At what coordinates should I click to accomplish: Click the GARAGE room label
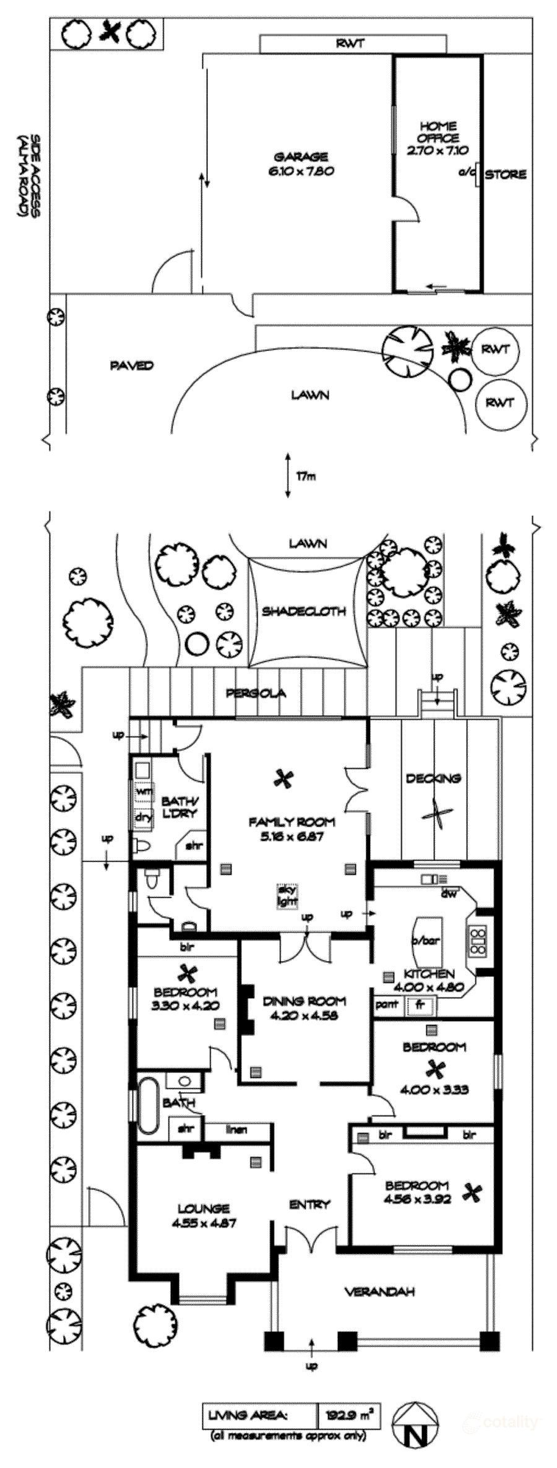pyautogui.click(x=301, y=157)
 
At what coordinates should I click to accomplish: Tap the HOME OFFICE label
pyautogui.click(x=438, y=131)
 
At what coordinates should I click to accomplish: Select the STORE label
pyautogui.click(x=505, y=175)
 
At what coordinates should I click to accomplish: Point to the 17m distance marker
pyautogui.click(x=305, y=476)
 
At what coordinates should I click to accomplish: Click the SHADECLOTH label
pyautogui.click(x=303, y=611)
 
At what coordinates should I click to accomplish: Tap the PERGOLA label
pyautogui.click(x=256, y=693)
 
